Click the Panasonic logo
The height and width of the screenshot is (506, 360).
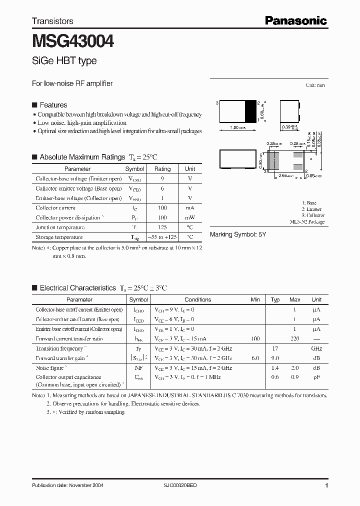[x=295, y=20]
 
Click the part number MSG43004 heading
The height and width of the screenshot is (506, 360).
[x=73, y=40]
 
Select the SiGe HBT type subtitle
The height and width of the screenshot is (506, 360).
[x=64, y=61]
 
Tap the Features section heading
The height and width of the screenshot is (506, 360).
[x=53, y=105]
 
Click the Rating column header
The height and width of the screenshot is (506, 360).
[x=162, y=169]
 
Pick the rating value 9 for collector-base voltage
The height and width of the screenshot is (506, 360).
[x=162, y=179]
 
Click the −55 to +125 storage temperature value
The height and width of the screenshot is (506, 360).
[x=162, y=237]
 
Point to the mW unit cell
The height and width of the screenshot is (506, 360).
[x=190, y=218]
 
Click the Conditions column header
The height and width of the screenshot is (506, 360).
[x=198, y=299]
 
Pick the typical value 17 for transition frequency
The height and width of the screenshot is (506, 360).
[x=275, y=348]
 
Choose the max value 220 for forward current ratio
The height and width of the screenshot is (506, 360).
[x=295, y=339]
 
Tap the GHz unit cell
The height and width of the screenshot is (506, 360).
[x=316, y=348]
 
